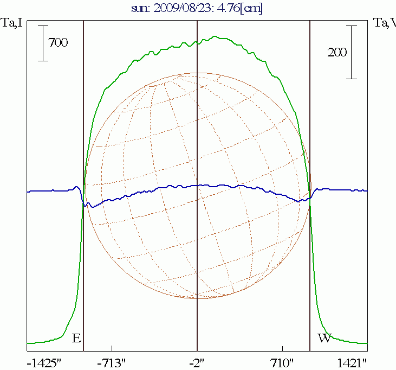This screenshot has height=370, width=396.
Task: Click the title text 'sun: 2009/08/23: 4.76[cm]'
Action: tap(197, 9)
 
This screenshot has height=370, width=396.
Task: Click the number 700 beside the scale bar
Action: tap(59, 43)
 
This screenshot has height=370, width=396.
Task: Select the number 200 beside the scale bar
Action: tap(337, 52)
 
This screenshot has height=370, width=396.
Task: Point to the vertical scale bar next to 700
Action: tap(43, 43)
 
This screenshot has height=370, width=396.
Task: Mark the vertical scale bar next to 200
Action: tap(352, 52)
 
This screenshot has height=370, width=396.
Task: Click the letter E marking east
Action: tap(76, 338)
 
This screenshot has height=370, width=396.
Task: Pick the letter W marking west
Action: tap(324, 338)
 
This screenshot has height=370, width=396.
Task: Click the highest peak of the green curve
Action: tap(216, 36)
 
